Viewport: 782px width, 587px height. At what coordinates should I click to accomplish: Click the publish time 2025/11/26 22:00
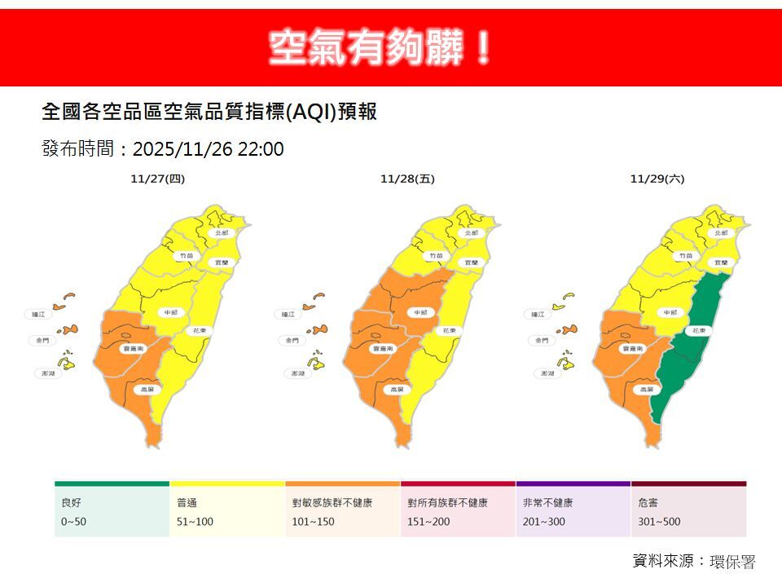click(x=208, y=149)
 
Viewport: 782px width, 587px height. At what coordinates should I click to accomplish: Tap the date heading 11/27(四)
click(x=157, y=179)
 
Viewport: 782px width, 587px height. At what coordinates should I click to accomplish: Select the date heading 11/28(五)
click(x=407, y=179)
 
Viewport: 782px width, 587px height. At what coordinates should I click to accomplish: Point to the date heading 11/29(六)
click(x=657, y=179)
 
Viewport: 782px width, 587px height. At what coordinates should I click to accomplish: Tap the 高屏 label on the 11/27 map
click(x=147, y=390)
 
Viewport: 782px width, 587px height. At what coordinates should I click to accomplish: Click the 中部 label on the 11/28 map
click(x=420, y=312)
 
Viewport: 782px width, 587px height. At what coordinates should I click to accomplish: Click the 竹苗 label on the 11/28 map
click(x=437, y=256)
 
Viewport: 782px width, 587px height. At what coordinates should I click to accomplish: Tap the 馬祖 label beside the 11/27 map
click(x=37, y=314)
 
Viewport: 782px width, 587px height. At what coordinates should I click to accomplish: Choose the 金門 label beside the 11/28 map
click(x=291, y=341)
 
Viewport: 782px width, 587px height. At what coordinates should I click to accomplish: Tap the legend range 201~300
click(x=539, y=522)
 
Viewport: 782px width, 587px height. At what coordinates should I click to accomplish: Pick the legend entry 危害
click(x=649, y=503)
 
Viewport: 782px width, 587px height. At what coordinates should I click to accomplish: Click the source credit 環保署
click(x=732, y=562)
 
